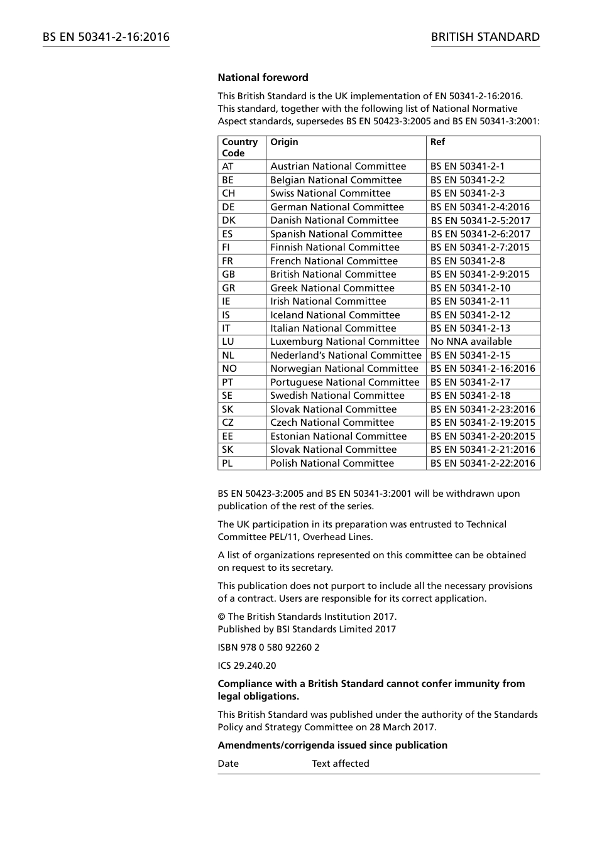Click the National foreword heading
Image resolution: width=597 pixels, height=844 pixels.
[x=263, y=78]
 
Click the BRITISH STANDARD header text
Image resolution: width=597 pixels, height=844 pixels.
[x=485, y=37]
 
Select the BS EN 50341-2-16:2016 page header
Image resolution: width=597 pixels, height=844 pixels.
[x=106, y=37]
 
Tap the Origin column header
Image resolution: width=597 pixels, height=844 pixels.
[x=284, y=142]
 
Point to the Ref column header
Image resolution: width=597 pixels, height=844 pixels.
[x=437, y=142]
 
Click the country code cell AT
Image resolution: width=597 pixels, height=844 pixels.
[x=227, y=166]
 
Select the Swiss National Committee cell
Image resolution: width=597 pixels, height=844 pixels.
[x=330, y=193]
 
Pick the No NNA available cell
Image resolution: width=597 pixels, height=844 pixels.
[x=471, y=342]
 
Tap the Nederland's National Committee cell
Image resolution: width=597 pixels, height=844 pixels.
[x=346, y=355]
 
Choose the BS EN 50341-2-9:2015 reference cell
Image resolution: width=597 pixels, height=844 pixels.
[x=479, y=274]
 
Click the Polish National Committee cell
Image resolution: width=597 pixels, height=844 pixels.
[x=332, y=463]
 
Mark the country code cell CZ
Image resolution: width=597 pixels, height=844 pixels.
[x=227, y=423]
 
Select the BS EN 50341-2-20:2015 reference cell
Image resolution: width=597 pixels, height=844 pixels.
[x=483, y=436]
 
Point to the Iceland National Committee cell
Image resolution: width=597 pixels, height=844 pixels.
[x=335, y=315]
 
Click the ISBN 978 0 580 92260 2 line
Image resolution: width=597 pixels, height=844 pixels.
[x=268, y=647]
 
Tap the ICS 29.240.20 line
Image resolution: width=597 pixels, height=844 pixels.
[x=246, y=666]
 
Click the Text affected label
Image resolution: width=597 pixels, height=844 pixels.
[x=341, y=764]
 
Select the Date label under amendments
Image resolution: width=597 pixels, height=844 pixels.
[x=228, y=764]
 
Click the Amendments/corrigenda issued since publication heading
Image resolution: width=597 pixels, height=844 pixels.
[x=332, y=745]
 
